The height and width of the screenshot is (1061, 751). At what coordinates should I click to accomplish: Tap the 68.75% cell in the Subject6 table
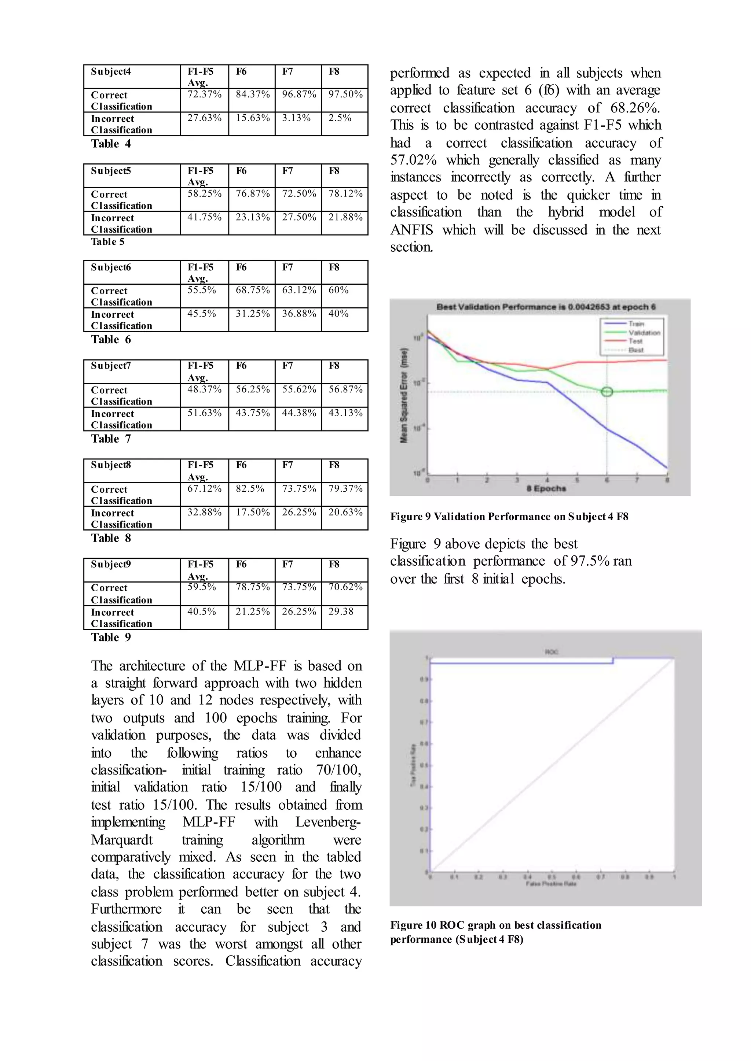(253, 290)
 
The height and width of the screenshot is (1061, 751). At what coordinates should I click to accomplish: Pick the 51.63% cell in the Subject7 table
(204, 413)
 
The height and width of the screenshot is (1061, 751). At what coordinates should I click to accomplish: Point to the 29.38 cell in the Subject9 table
(341, 611)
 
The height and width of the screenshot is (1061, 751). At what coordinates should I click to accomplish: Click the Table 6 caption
(111, 340)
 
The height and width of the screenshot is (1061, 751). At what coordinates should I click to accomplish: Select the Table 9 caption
(111, 637)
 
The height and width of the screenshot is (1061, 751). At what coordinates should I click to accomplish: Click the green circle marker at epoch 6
(607, 392)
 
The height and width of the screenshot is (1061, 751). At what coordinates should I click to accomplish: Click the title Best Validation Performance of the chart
(546, 307)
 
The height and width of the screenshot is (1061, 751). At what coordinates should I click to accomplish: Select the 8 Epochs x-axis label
(546, 488)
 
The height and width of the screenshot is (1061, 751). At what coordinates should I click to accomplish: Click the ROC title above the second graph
(551, 652)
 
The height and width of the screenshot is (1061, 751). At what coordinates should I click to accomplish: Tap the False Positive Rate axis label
(551, 884)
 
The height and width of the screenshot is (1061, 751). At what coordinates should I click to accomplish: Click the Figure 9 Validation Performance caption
(509, 517)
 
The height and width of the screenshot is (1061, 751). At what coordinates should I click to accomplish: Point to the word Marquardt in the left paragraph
(122, 840)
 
